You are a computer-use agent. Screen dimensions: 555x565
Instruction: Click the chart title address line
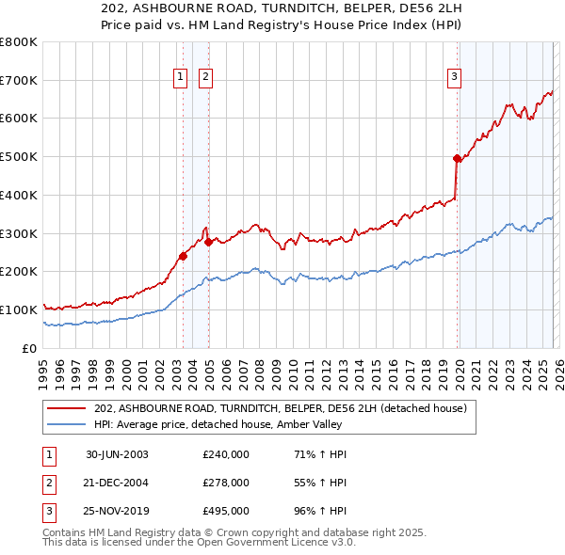[282, 9]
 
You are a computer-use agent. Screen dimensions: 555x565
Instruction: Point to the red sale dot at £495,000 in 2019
[457, 159]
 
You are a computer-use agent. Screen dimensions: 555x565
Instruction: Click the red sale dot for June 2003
[183, 256]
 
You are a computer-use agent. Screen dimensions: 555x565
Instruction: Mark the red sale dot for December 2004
[208, 242]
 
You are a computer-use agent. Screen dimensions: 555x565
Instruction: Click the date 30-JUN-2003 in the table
[117, 453]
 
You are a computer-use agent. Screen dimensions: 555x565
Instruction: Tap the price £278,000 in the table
[226, 483]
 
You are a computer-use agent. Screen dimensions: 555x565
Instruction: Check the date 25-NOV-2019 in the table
[117, 512]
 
